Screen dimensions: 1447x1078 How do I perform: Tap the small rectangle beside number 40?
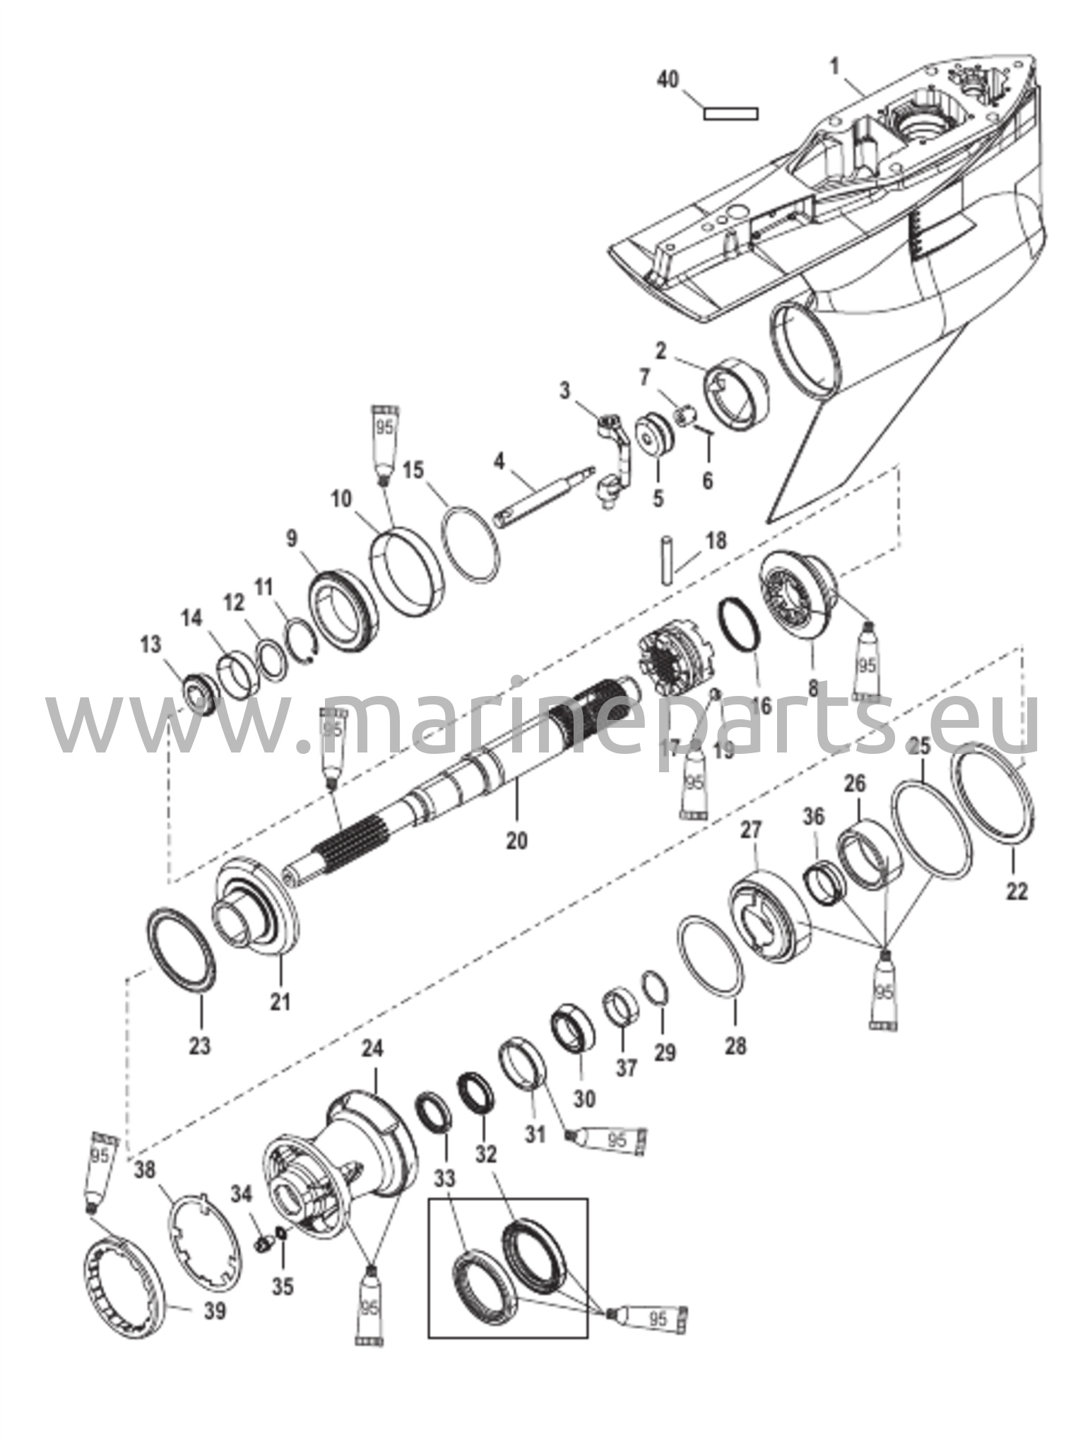click(730, 113)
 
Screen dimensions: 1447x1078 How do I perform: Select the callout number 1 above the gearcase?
click(835, 68)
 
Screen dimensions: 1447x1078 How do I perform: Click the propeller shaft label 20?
click(516, 841)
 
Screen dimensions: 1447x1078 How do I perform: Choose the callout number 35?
click(283, 1287)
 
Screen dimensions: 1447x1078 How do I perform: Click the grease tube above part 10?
click(386, 442)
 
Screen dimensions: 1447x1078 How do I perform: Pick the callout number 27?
click(750, 830)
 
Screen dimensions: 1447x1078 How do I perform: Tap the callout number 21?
click(280, 1000)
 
